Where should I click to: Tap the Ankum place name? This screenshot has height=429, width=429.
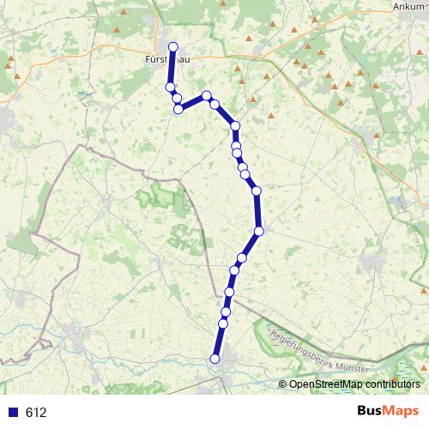(x=408, y=6)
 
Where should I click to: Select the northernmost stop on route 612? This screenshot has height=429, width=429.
(x=173, y=47)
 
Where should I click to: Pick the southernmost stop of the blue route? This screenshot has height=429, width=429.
(x=215, y=358)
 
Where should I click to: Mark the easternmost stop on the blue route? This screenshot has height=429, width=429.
(x=258, y=230)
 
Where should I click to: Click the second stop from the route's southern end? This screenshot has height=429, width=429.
(x=223, y=323)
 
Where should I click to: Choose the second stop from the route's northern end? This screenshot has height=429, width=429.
(x=170, y=88)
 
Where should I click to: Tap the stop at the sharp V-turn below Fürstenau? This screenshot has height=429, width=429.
(x=178, y=109)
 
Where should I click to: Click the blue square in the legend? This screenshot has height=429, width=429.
(x=13, y=412)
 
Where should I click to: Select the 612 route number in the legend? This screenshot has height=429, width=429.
(x=36, y=412)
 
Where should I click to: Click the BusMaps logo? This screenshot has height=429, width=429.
(x=387, y=411)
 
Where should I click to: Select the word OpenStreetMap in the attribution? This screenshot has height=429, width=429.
(x=326, y=384)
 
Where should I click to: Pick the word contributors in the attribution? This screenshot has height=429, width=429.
(x=393, y=384)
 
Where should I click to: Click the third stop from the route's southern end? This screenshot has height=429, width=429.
(x=227, y=311)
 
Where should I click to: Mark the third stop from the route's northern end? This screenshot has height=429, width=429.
(x=176, y=99)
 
